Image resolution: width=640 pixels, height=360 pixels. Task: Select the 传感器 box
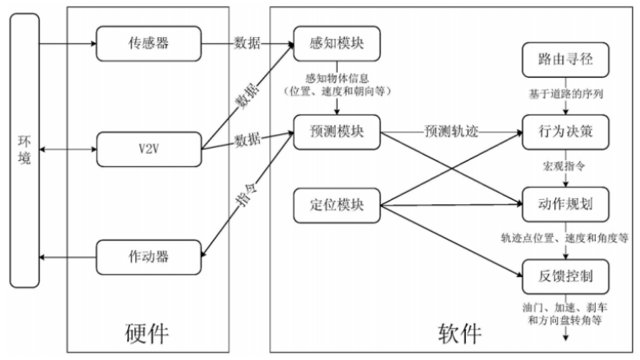(x=149, y=42)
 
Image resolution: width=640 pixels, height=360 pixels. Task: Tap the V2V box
(x=149, y=149)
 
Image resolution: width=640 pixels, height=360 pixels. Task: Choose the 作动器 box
(x=149, y=255)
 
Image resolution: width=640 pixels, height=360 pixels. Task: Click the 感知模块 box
(x=338, y=42)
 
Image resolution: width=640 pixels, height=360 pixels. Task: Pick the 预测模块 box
(x=338, y=132)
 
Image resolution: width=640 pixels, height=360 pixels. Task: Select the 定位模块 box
(x=338, y=205)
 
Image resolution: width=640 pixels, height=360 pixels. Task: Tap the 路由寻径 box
(x=564, y=60)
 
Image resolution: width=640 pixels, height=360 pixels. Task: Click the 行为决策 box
(x=564, y=132)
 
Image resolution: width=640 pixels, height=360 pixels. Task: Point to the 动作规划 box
(x=564, y=204)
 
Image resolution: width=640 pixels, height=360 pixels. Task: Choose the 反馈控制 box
(x=564, y=276)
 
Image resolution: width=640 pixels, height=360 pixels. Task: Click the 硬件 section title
(x=147, y=334)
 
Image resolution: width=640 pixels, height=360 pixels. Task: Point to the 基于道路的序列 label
(x=564, y=93)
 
